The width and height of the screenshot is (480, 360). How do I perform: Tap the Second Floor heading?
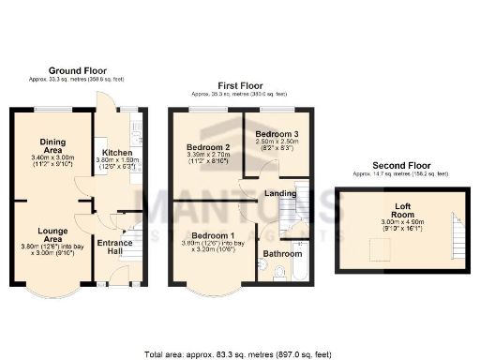400,165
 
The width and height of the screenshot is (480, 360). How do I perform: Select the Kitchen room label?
116,152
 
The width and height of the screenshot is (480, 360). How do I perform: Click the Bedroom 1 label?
207,234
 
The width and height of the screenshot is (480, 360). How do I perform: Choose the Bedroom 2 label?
207,148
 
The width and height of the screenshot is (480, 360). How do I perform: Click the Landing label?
281,193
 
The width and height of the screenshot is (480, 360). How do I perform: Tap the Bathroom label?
281,253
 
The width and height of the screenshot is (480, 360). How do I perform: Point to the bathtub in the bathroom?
299,270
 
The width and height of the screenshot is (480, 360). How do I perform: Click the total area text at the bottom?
239,353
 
